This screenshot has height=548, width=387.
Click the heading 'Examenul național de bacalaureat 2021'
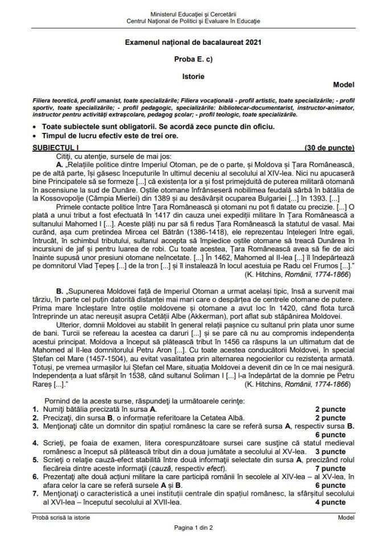pos(193,43)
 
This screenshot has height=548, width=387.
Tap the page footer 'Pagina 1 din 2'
pos(193,528)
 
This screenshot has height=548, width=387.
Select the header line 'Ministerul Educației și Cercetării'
pos(193,13)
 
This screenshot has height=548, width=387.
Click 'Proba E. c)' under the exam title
pos(193,58)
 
